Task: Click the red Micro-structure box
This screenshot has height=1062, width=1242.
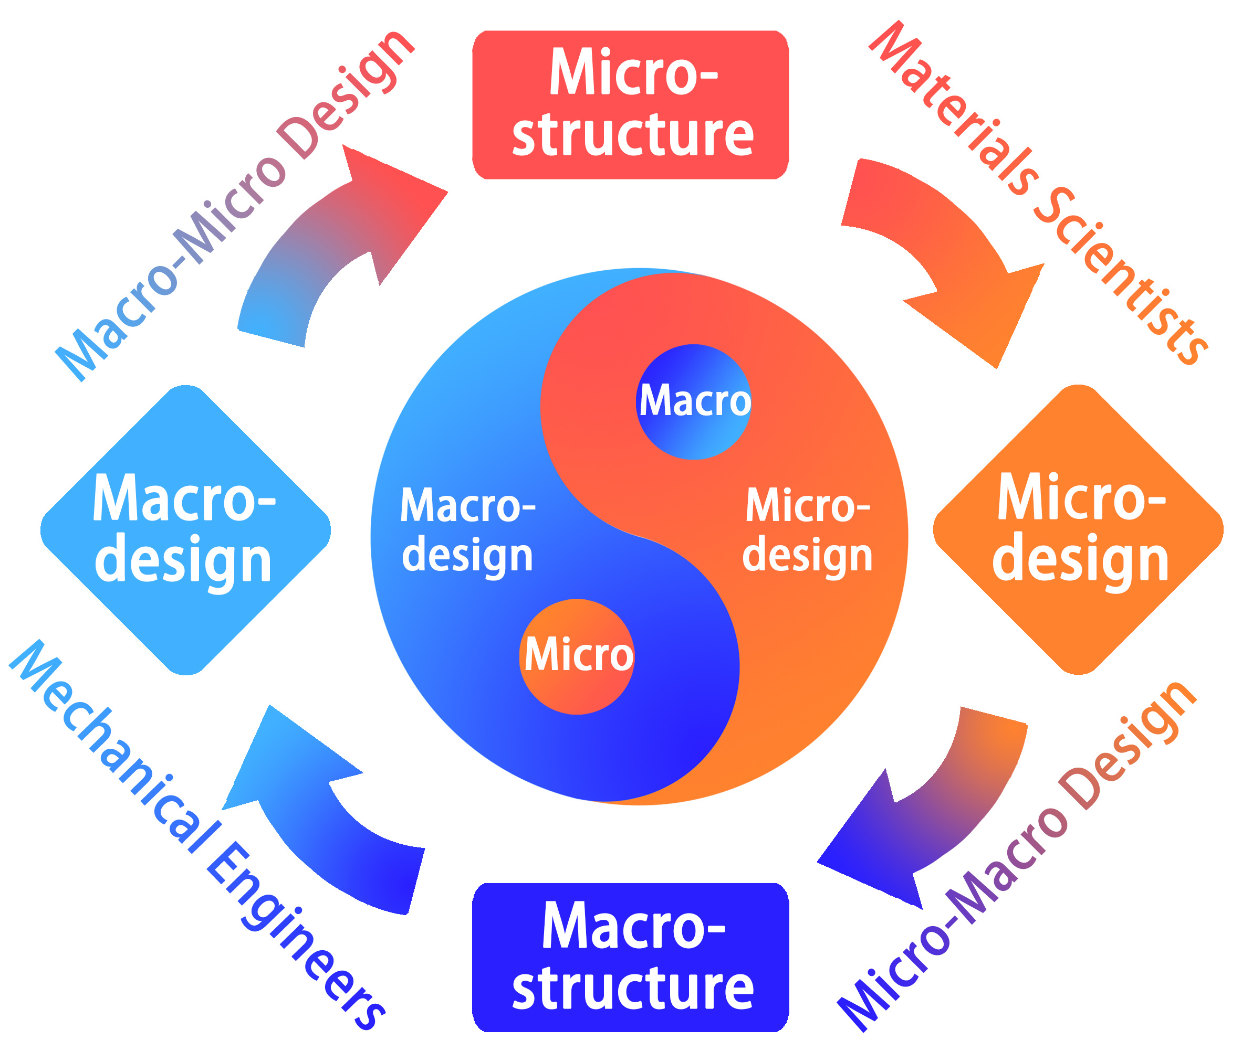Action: (631, 105)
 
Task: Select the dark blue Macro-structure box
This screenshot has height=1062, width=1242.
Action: (631, 957)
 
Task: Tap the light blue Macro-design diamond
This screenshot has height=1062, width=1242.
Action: (185, 529)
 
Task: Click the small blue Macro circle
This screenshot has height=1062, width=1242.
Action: (694, 401)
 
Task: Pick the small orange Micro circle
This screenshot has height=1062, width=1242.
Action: (577, 656)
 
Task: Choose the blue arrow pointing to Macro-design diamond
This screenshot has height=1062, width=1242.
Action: (323, 815)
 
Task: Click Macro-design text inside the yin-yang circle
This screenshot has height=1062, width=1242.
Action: (467, 529)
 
